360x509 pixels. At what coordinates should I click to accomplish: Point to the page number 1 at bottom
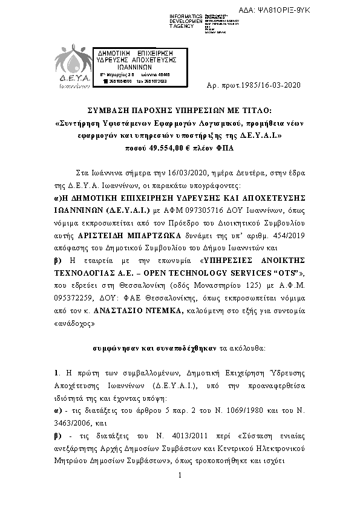180,493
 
